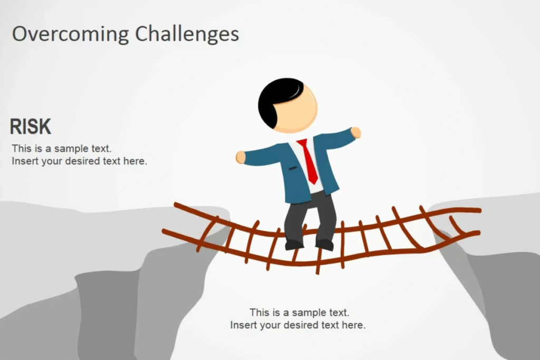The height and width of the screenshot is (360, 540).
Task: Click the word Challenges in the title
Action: point(187,34)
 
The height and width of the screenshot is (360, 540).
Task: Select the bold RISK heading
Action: point(30,127)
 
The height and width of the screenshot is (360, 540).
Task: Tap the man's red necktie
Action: point(308,161)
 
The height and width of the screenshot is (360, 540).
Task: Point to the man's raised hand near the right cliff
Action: point(356,132)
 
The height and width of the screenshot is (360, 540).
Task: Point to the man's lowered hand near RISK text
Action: point(240,157)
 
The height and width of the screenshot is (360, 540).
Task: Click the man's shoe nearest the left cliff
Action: point(294,245)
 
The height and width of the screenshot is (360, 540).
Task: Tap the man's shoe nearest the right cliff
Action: point(324,245)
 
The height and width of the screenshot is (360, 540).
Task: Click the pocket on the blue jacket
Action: point(293,168)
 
